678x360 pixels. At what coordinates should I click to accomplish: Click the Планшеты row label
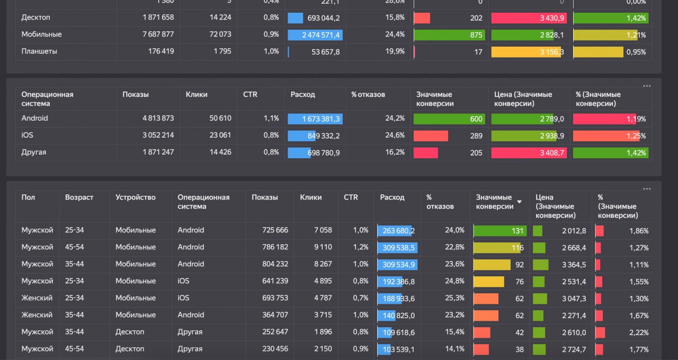[39, 51]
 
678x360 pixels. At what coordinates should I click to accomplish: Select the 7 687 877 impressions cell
[158, 34]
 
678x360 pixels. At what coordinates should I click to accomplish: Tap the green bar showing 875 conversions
[449, 35]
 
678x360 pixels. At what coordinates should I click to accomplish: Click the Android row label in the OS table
[34, 118]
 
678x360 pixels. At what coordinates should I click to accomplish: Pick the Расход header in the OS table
[303, 94]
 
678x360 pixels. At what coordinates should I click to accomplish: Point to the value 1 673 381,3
[321, 119]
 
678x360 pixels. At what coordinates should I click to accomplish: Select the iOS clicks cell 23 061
[220, 135]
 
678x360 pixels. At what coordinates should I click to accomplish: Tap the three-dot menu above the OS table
[646, 86]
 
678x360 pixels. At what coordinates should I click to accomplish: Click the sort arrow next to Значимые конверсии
[519, 202]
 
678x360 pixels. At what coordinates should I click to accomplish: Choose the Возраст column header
[79, 197]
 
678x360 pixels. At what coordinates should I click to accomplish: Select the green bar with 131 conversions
[499, 231]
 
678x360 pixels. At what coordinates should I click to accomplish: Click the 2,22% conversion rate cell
[638, 332]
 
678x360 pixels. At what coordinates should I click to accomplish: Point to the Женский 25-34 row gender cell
[37, 298]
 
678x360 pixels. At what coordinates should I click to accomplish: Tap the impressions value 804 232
[274, 264]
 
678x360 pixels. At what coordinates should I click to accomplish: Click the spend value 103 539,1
[397, 349]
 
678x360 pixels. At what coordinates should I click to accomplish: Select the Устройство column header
[136, 197]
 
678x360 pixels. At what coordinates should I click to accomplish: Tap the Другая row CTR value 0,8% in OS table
[271, 152]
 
